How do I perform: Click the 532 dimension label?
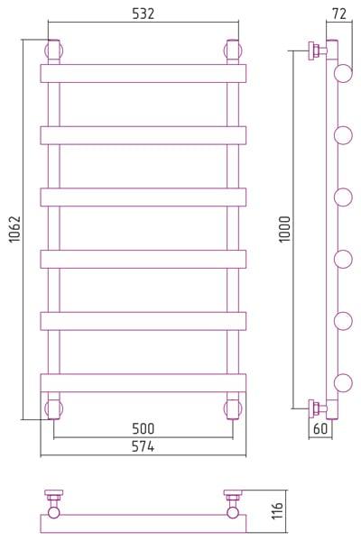(x=143, y=14)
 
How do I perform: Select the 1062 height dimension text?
(x=14, y=229)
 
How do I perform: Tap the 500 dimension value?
(x=143, y=429)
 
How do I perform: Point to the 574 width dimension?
(x=143, y=447)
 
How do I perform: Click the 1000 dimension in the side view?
(x=285, y=229)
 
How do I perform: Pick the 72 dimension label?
(x=339, y=14)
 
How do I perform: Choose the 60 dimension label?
(x=320, y=429)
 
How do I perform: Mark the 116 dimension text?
(x=277, y=511)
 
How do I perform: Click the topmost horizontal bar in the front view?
(x=143, y=74)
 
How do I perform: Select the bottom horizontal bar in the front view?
(x=143, y=383)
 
